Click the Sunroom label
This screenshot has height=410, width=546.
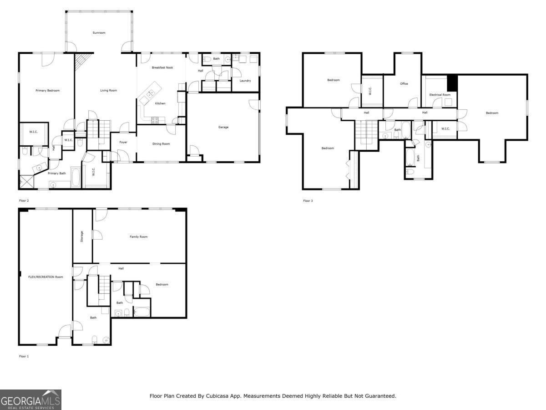click(99, 33)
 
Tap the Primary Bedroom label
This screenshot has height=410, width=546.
click(47, 91)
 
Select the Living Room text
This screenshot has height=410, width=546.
click(108, 91)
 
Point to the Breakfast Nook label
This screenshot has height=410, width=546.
click(162, 67)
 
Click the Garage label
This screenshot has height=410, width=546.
click(223, 127)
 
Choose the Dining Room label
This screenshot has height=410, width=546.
click(161, 144)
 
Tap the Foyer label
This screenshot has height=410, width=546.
click(123, 143)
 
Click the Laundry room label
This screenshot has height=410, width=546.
click(245, 81)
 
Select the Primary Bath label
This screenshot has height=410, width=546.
click(57, 173)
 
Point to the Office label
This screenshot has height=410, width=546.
click(404, 84)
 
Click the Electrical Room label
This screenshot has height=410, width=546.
click(440, 95)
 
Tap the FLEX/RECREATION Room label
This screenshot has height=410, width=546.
click(46, 277)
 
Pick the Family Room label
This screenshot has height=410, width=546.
click(139, 237)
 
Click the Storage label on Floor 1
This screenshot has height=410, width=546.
click(82, 236)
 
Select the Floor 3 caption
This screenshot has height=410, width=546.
click(308, 200)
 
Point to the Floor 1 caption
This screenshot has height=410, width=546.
click(24, 356)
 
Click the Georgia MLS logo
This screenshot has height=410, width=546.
click(30, 400)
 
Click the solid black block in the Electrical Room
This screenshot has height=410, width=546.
click(452, 83)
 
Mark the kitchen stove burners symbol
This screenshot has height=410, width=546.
click(155, 120)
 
